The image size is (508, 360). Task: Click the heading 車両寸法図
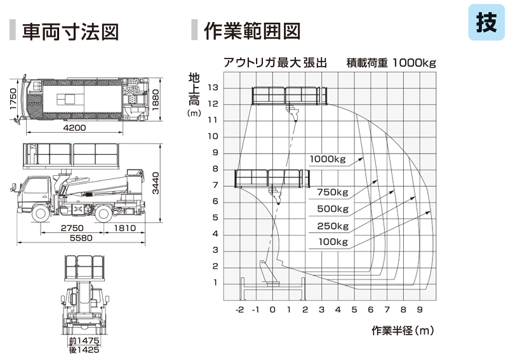70,32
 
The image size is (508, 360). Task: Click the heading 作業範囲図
252,31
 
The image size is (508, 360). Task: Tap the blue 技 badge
486,22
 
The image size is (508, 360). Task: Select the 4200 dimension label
74,128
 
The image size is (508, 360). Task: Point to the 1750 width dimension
13,99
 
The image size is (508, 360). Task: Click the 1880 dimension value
156,100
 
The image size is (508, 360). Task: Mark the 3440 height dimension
156,183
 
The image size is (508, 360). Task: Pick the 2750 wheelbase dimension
72,228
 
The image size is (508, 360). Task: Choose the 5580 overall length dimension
81,238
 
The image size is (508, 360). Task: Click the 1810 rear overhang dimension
124,228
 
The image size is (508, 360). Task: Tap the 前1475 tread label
84,340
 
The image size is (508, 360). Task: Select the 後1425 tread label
84,350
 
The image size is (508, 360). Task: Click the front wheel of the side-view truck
41,213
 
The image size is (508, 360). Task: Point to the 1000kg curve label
328,159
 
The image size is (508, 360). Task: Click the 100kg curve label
333,242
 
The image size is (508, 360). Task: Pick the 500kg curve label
333,209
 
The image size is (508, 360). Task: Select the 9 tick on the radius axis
420,309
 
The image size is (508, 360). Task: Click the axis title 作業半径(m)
403,331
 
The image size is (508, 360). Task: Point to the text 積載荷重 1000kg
391,62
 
